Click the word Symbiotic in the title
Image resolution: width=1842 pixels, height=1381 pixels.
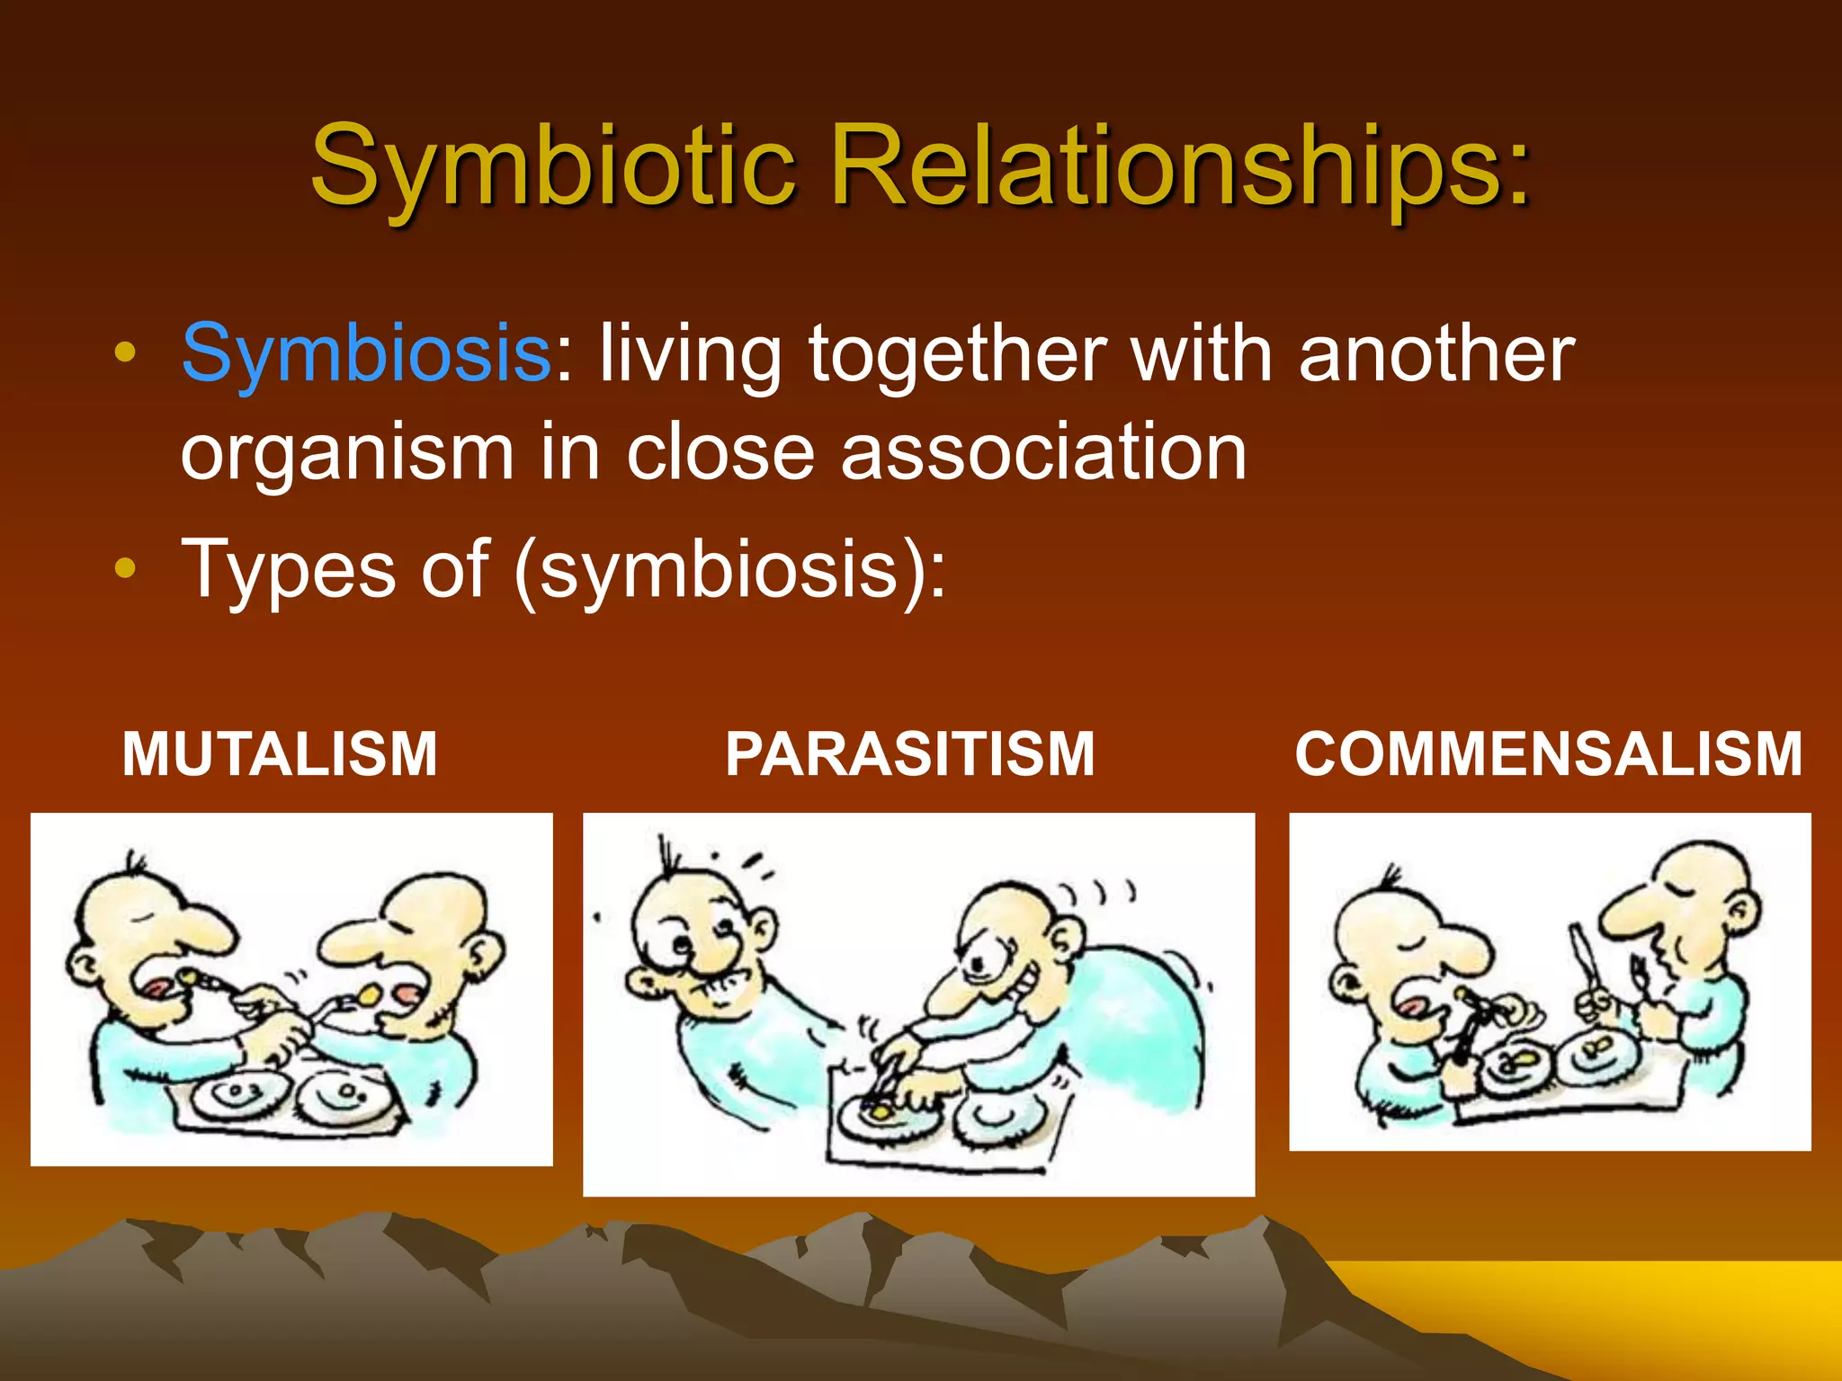[552, 166]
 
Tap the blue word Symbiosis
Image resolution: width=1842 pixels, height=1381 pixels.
[366, 353]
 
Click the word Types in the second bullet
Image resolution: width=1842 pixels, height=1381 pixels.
[288, 569]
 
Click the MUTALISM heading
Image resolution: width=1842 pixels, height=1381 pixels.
[280, 753]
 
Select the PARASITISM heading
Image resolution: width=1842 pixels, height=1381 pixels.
[910, 753]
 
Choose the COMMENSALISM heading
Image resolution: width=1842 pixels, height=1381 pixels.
[1549, 753]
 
